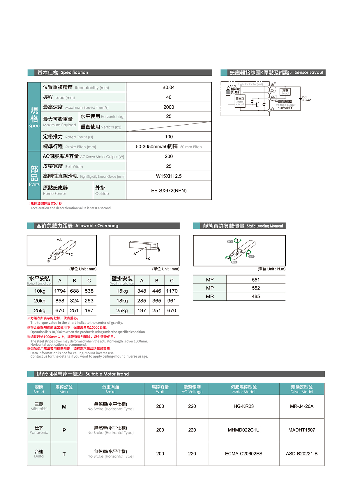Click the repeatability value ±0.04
(x=169, y=87)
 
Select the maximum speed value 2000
(x=169, y=107)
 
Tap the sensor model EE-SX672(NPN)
(x=169, y=191)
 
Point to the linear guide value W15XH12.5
(x=169, y=176)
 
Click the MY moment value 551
(x=256, y=280)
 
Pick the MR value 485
(x=256, y=296)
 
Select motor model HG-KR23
(x=243, y=406)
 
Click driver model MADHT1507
(x=301, y=430)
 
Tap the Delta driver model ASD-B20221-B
(x=301, y=454)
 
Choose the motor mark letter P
(x=64, y=430)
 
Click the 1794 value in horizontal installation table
(x=60, y=291)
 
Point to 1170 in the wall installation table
(x=172, y=291)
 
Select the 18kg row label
(x=122, y=301)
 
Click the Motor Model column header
(x=243, y=389)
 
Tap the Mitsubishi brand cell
(x=39, y=406)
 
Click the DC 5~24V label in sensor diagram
(x=306, y=99)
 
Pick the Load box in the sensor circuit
(x=285, y=92)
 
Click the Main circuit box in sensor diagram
(x=240, y=101)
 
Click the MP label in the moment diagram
(x=251, y=257)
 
